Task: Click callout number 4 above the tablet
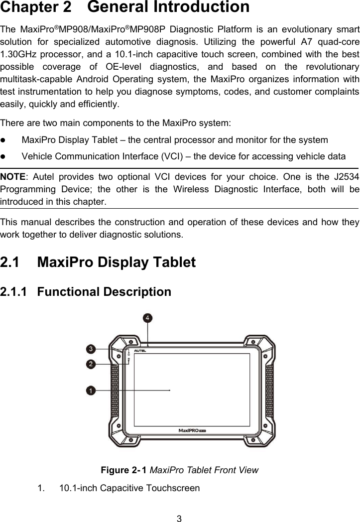click(x=148, y=317)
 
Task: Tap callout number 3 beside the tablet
click(x=91, y=348)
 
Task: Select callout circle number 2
click(x=91, y=364)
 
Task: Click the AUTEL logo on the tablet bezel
click(x=142, y=350)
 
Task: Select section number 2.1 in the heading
click(x=12, y=262)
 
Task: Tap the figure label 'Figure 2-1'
click(x=123, y=470)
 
